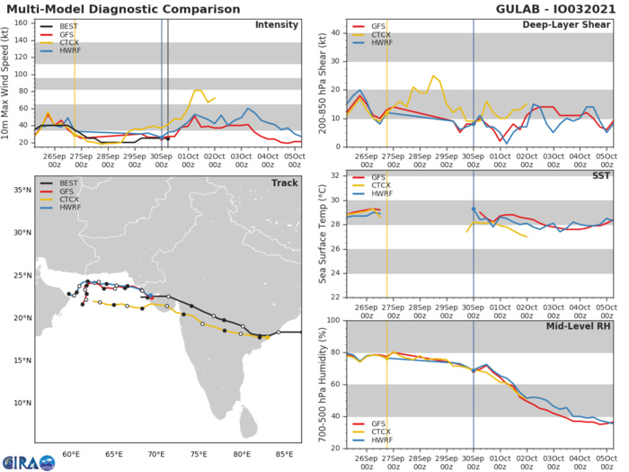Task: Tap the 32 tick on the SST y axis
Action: coord(332,175)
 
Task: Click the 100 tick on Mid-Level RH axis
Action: coord(330,320)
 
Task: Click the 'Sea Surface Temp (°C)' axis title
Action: coord(321,236)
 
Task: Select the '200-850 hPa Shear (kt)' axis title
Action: coord(321,82)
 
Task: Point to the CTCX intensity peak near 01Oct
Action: coord(198,90)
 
